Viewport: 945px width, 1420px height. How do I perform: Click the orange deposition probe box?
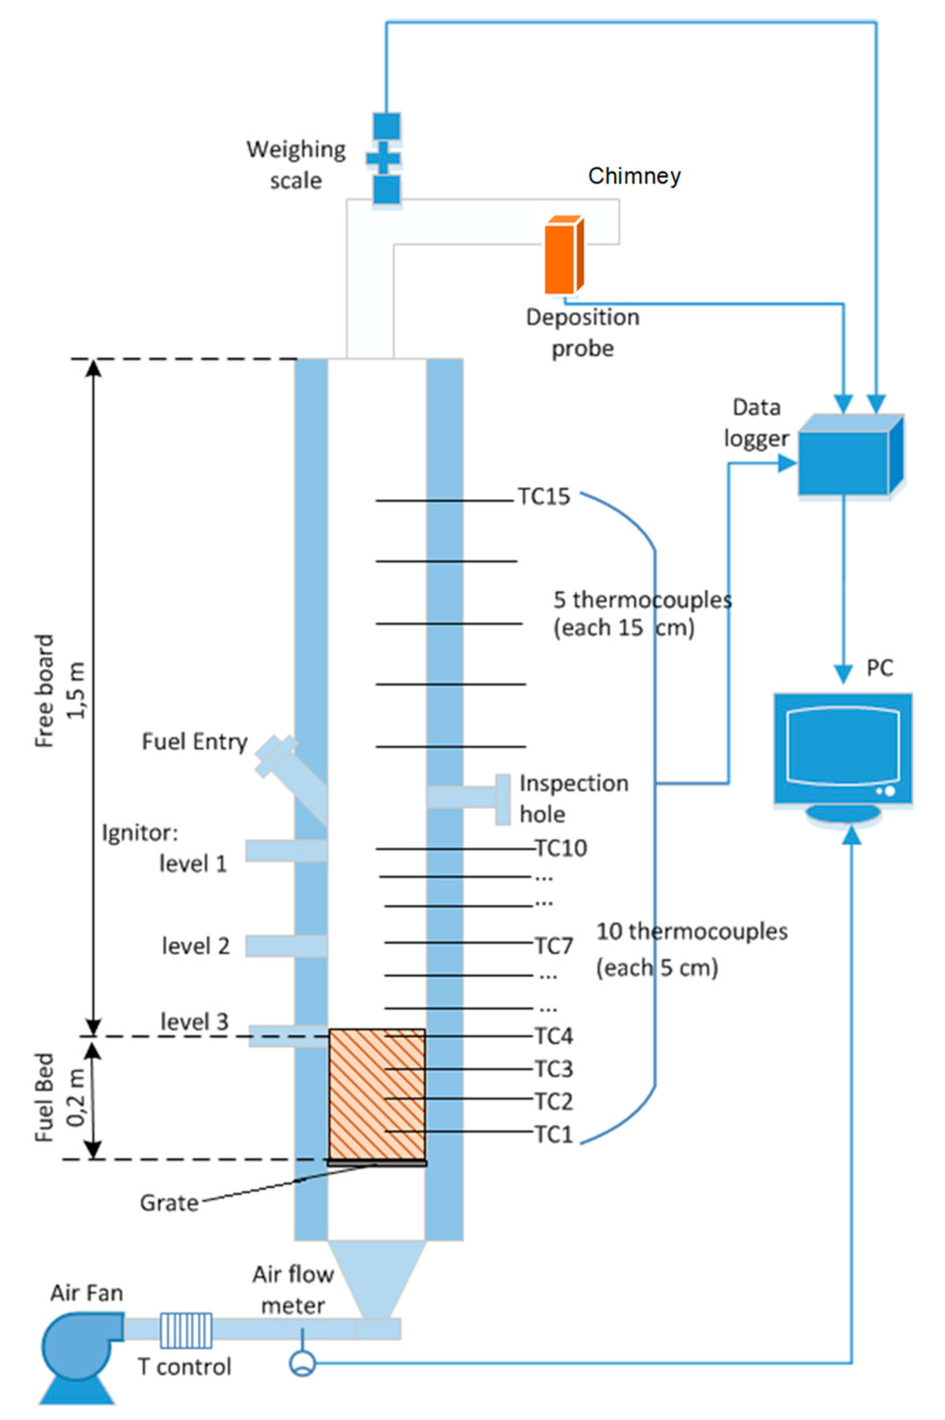point(564,256)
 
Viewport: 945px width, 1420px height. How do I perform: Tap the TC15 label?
point(544,497)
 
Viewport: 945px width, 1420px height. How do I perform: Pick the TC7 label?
point(554,946)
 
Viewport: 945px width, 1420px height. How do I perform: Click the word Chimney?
point(635,176)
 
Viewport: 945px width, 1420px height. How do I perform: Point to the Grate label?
point(169,1203)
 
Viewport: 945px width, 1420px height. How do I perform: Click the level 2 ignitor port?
point(286,946)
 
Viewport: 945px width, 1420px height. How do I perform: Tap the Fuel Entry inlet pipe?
point(290,777)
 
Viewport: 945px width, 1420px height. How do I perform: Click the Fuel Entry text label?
point(194,742)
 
